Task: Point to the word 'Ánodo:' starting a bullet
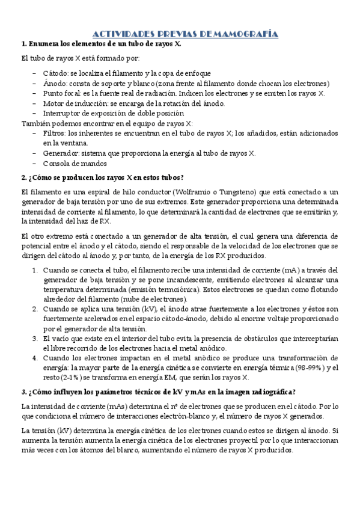coord(55,84)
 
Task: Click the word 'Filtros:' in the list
coord(54,133)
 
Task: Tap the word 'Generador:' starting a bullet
coord(60,153)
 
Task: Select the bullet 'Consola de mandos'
coord(75,163)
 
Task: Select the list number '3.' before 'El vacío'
coord(35,339)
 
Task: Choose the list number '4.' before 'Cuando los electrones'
coord(35,358)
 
